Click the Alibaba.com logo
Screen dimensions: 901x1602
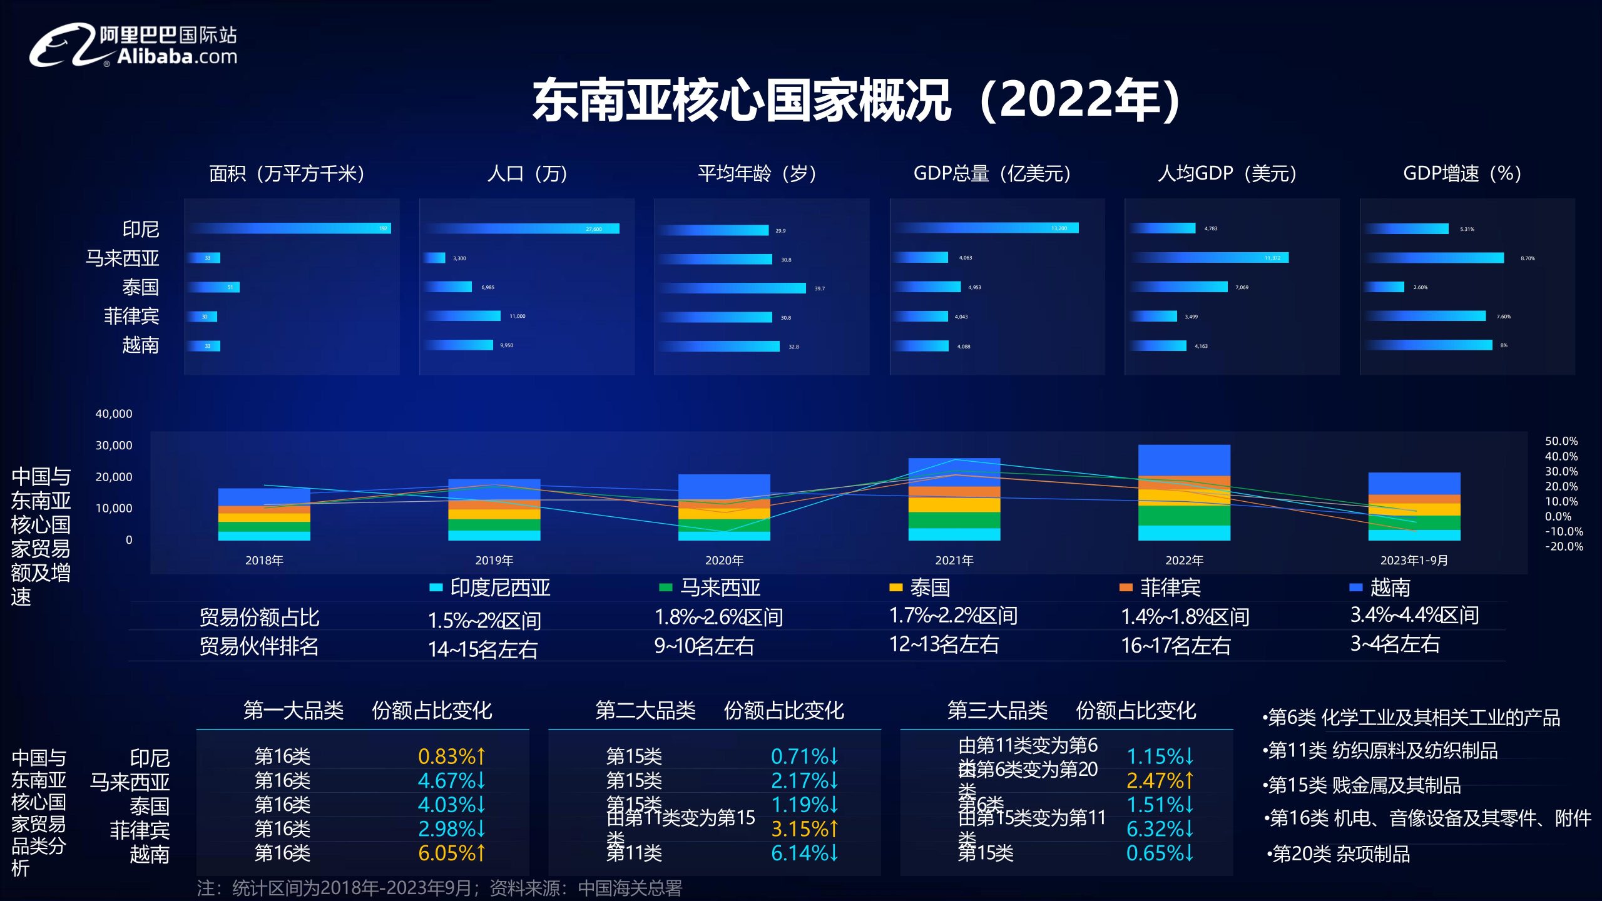(133, 45)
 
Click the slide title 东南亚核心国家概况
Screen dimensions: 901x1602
(742, 100)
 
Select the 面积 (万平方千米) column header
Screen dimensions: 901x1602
(287, 173)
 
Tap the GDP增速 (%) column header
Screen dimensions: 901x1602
(1462, 173)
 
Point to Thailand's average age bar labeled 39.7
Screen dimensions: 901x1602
(733, 288)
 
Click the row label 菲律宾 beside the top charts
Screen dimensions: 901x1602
(131, 316)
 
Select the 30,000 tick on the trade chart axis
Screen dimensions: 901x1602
(113, 445)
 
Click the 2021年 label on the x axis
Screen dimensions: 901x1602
(954, 561)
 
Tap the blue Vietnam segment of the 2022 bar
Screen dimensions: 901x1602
(1184, 460)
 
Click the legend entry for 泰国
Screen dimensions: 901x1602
(920, 588)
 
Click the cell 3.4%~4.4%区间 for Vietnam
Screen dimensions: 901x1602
(1414, 615)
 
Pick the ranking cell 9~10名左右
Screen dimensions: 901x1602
(704, 646)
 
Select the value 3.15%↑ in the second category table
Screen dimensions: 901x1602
(804, 829)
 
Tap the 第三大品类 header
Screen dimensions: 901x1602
(997, 711)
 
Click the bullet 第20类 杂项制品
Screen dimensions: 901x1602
(1339, 854)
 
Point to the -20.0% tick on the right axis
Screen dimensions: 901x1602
(1564, 546)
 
